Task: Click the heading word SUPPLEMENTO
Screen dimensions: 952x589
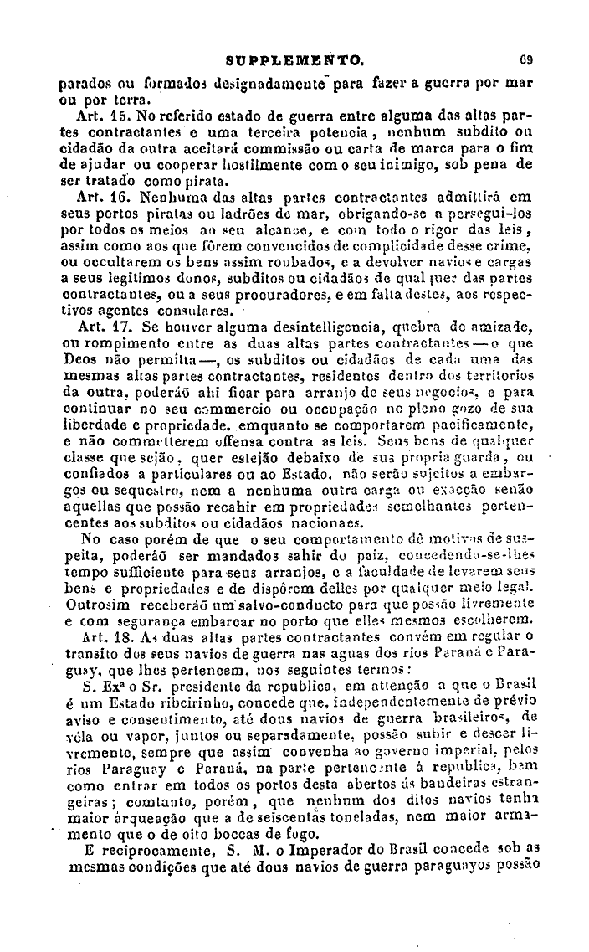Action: [x=295, y=60]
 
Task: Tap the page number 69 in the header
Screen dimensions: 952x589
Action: [x=527, y=60]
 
